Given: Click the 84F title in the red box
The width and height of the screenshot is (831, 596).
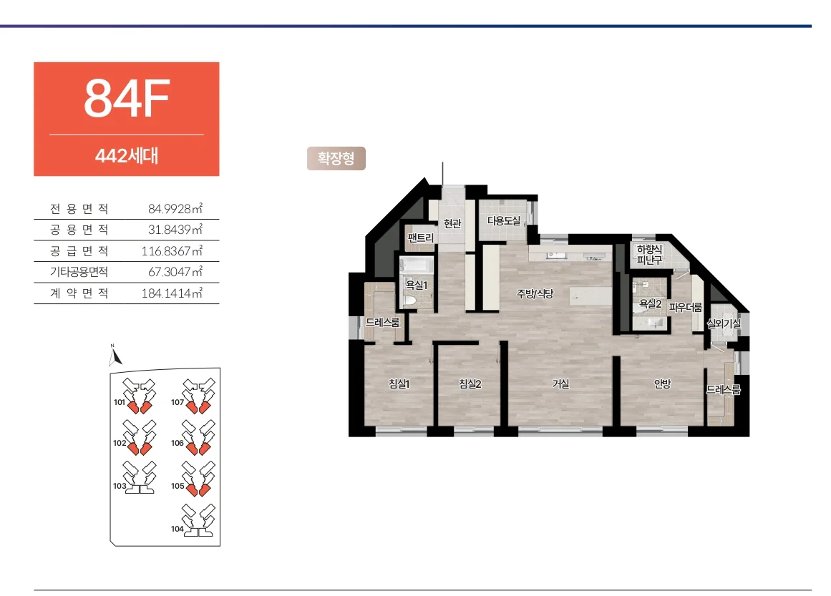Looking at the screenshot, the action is coord(127,98).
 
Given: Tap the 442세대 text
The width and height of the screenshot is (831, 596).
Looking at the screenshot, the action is coord(127,156).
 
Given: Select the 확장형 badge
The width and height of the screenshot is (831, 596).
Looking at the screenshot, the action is coord(336,158).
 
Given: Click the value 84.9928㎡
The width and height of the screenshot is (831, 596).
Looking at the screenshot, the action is coord(175,209).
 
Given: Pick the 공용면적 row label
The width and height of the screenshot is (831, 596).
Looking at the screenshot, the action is coord(79,230).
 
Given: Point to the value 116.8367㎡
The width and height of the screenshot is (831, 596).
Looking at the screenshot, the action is coord(172,250).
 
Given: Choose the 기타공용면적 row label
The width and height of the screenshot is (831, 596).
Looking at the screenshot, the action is coord(79,272).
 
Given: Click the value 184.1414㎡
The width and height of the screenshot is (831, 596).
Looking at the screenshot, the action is coord(172,293).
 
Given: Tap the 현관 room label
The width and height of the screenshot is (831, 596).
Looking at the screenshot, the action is coord(452,223).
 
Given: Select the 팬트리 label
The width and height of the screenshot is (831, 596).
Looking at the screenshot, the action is coord(421,238).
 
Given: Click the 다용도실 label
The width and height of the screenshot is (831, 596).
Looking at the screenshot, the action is coord(503,221).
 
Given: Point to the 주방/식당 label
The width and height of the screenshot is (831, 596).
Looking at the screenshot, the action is coord(535,293).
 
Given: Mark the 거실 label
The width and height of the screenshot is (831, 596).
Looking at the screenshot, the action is coord(560,384).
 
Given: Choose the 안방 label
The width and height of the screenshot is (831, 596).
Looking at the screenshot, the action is coord(663,384).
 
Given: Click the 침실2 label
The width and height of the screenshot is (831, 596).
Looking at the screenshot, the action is coord(470,384).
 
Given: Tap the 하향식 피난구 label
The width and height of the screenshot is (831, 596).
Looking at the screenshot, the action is coord(649,254).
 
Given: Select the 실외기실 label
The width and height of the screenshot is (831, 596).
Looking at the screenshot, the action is coord(724,323).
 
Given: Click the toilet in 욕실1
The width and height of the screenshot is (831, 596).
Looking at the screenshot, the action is coord(409,301).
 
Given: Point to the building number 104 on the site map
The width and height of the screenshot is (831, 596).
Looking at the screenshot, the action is coord(177,529).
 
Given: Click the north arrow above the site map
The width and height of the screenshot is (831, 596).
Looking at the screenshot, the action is coord(114,356).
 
